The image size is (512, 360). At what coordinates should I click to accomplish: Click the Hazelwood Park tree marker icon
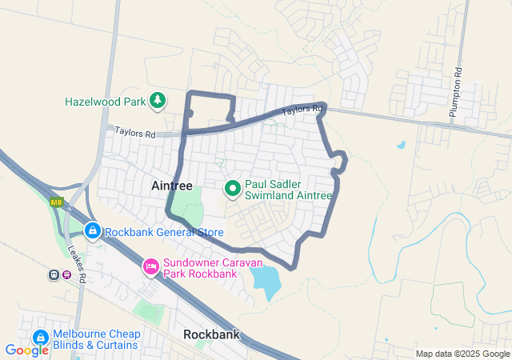tap(158, 100)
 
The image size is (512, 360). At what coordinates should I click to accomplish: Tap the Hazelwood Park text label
tap(106, 102)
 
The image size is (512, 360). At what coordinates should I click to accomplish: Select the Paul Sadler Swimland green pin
tap(233, 189)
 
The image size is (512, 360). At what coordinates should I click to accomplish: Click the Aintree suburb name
tap(172, 186)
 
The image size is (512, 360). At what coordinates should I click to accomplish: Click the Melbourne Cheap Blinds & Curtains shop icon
tap(39, 339)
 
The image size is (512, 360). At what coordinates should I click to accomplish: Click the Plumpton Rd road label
tap(456, 93)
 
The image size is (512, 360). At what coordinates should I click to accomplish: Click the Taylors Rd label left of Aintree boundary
tap(134, 132)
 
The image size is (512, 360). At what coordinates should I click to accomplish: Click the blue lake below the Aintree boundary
tap(266, 281)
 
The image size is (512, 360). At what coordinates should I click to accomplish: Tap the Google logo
tap(26, 350)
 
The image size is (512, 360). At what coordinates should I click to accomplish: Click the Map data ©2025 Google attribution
tap(462, 354)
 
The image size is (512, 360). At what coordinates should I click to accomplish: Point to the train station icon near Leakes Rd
tap(54, 275)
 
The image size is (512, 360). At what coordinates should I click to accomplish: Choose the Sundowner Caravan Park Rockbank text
tap(200, 269)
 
